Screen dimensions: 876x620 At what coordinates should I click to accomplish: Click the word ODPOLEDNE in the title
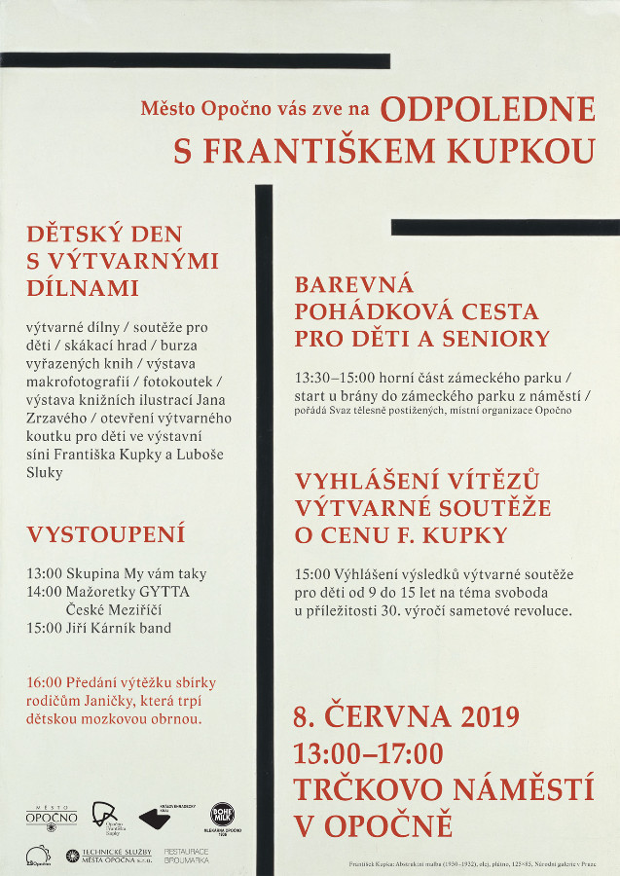pyautogui.click(x=487, y=109)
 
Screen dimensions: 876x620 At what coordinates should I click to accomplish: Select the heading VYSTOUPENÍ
pyautogui.click(x=106, y=534)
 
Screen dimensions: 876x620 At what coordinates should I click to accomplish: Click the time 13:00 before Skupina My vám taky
pyautogui.click(x=45, y=574)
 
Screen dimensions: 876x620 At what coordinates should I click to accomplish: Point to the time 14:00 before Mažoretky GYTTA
pyautogui.click(x=45, y=592)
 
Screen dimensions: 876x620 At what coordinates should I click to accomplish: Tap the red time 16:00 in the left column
pyautogui.click(x=45, y=683)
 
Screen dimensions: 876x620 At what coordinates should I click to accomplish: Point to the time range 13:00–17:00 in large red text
pyautogui.click(x=368, y=753)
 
